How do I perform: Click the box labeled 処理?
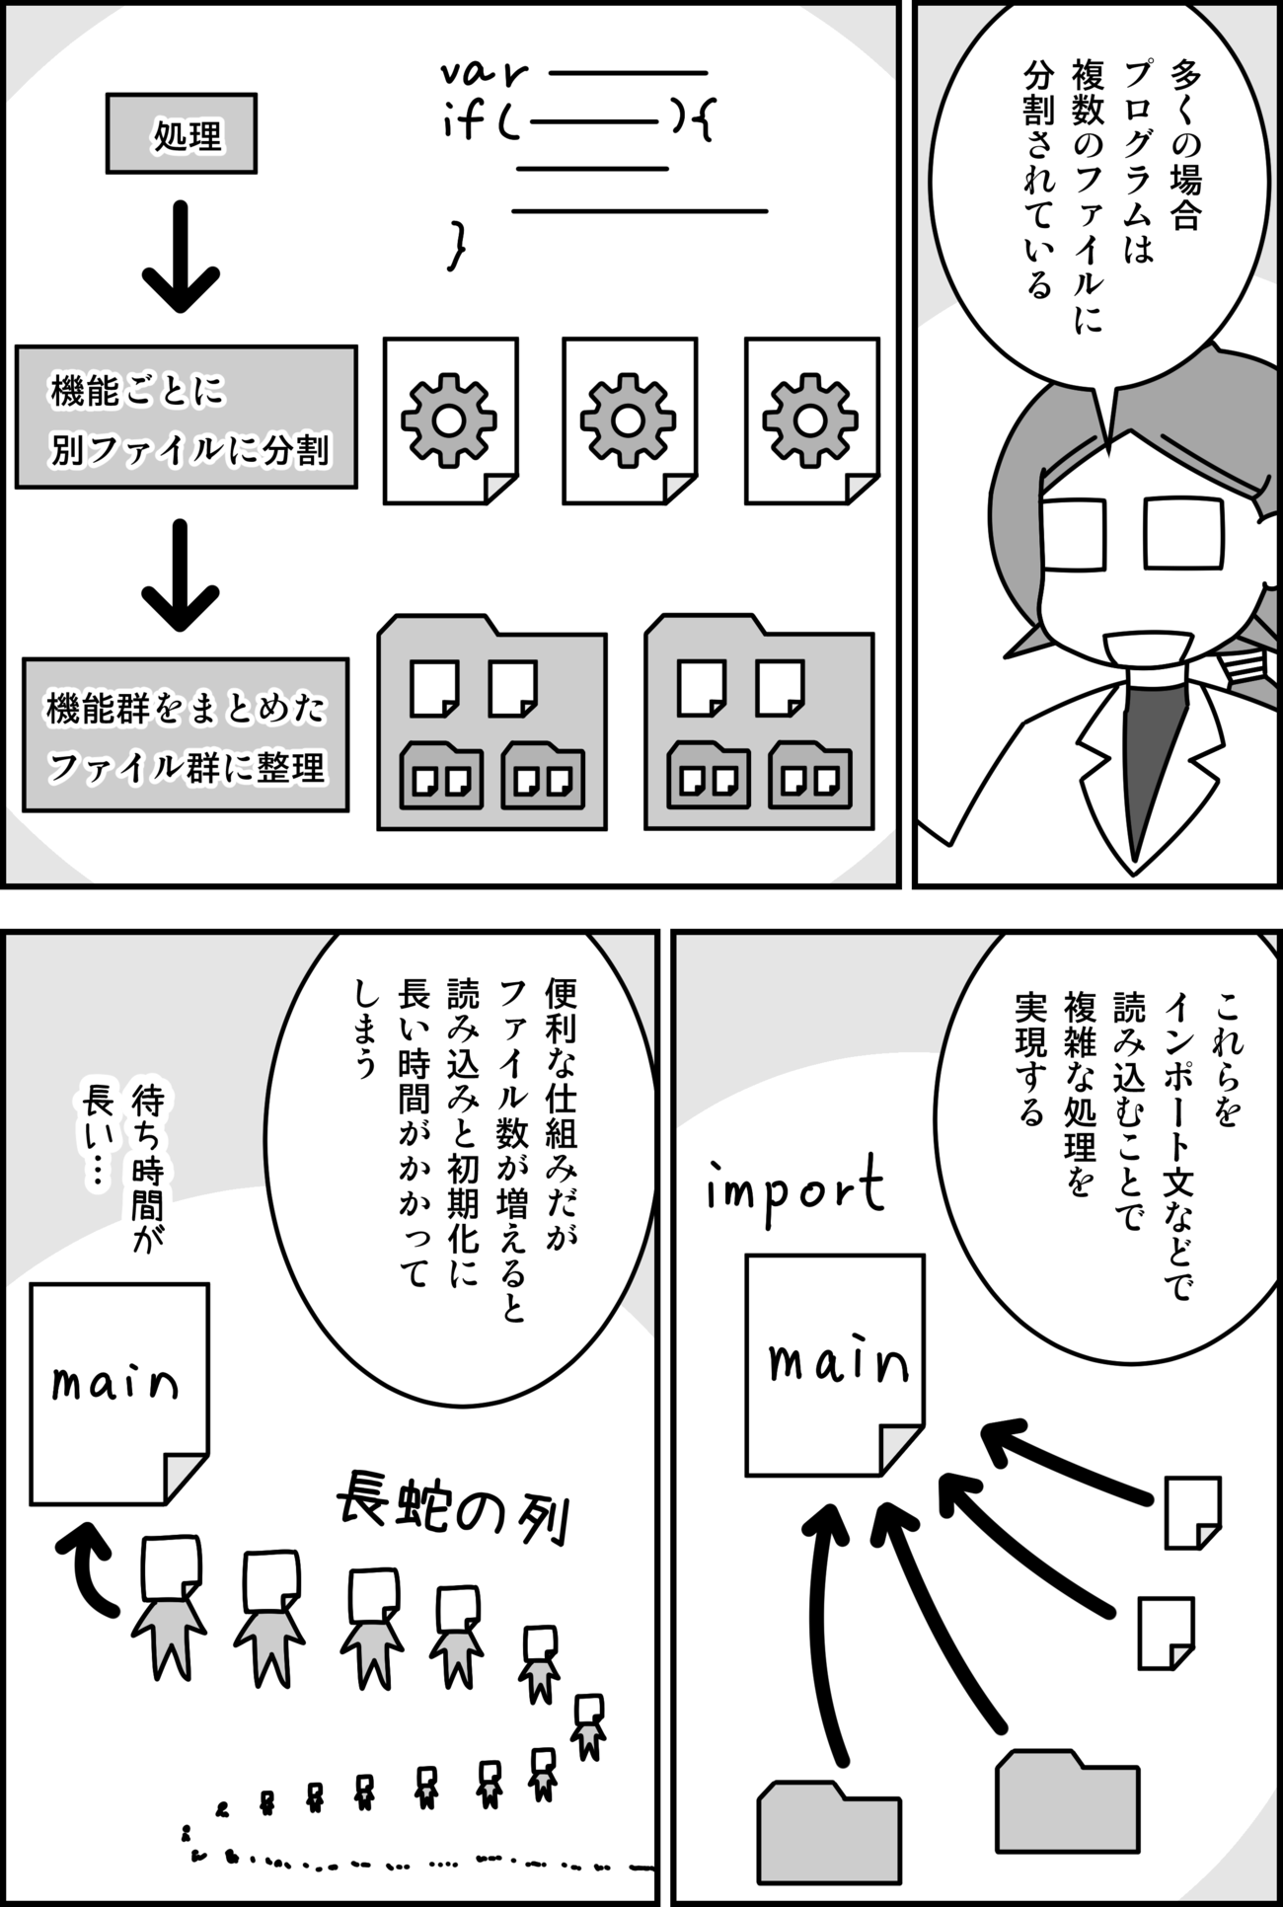[182, 133]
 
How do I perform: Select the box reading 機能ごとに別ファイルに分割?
[187, 417]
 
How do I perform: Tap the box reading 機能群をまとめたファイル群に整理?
[186, 735]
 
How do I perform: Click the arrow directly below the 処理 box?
[181, 257]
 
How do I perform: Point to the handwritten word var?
[483, 73]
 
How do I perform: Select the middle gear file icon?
[630, 421]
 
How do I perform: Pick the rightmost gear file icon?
[811, 421]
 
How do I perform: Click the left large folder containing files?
[491, 723]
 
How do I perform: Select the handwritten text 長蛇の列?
[453, 1519]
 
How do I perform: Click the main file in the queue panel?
[119, 1394]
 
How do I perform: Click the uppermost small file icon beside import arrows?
[1192, 1513]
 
